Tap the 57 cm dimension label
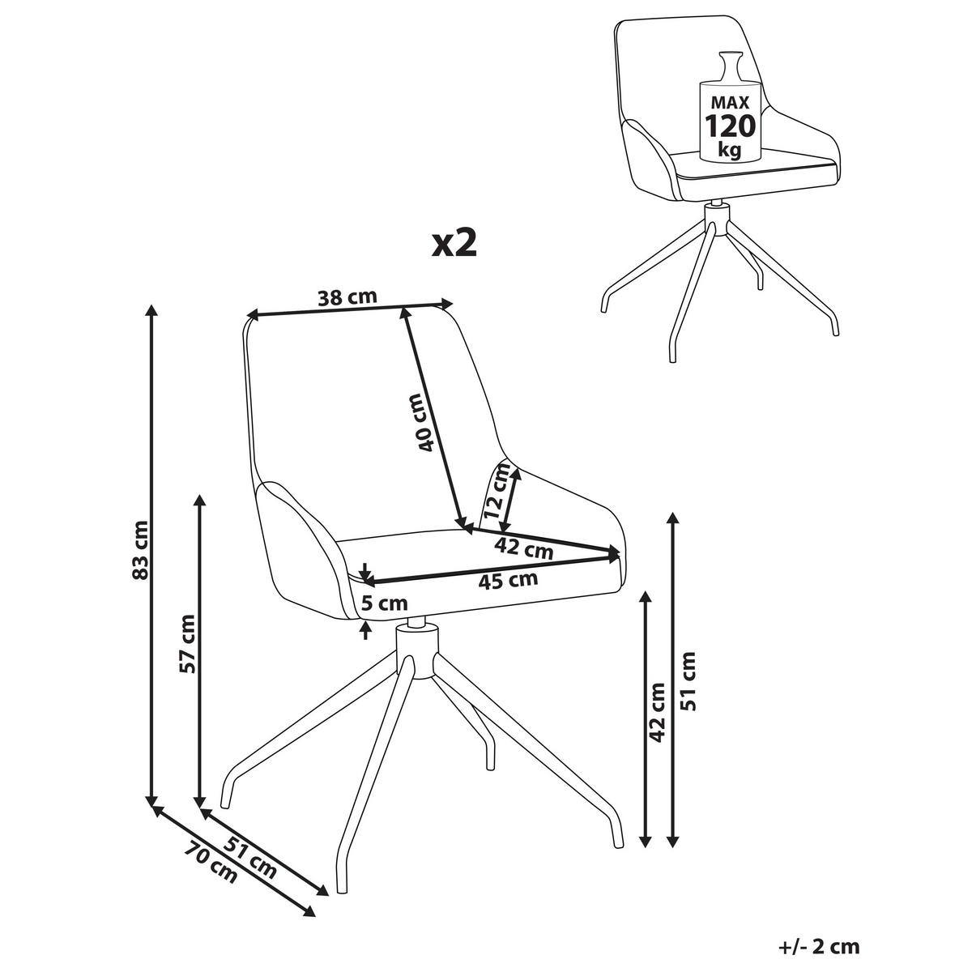point(187,644)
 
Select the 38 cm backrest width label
point(347,297)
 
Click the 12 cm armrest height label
point(497,491)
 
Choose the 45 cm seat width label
point(507,581)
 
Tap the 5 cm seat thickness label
point(385,603)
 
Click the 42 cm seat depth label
point(523,548)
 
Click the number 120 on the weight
point(730,126)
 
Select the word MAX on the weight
point(730,102)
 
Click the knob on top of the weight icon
point(729,66)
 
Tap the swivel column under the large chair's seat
point(416,650)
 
